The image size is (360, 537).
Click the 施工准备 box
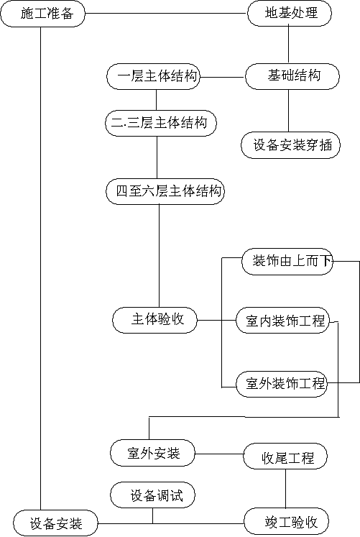tap(42, 14)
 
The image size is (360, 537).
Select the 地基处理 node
tap(290, 14)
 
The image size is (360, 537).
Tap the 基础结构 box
tap(292, 76)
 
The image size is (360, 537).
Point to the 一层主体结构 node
tap(153, 77)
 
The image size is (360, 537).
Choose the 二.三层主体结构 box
tap(161, 123)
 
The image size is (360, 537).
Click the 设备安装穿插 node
tap(291, 145)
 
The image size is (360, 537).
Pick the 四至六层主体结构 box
tap(165, 191)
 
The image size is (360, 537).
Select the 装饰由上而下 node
tap(287, 262)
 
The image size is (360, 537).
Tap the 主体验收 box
tap(155, 320)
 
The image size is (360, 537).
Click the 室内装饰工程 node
tap(282, 321)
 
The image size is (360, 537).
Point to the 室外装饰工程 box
tap(282, 384)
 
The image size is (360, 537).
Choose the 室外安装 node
tap(152, 453)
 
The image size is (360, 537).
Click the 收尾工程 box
tap(285, 456)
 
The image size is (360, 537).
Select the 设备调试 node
tap(152, 495)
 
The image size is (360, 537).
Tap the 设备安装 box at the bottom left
tap(55, 523)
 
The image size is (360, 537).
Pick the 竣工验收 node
tap(287, 521)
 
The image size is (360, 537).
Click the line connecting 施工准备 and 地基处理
tap(166, 14)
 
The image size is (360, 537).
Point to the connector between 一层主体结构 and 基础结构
tap(223, 77)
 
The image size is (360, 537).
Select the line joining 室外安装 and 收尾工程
tap(219, 454)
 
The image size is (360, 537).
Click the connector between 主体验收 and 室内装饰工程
tap(216, 321)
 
